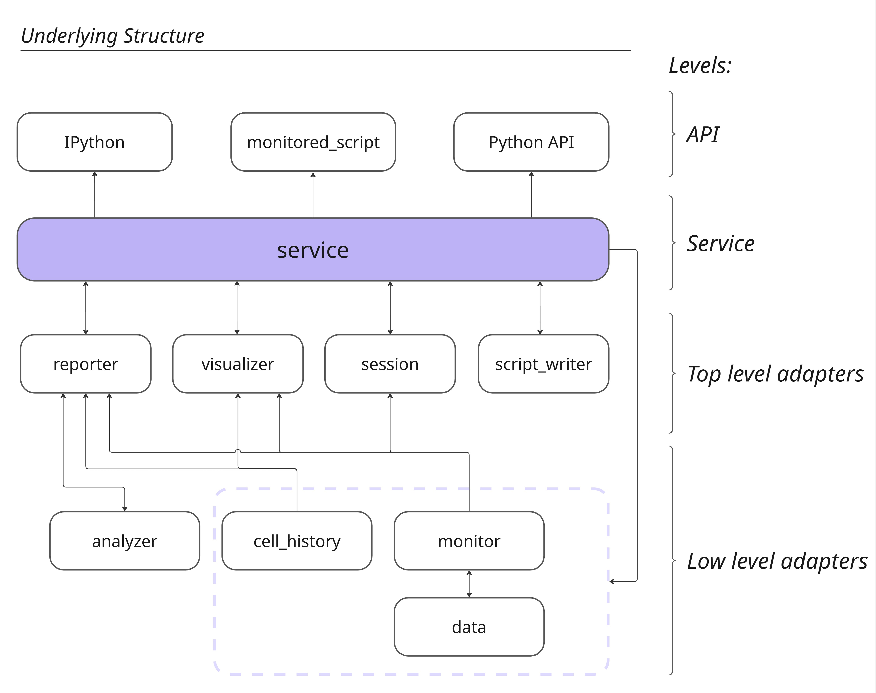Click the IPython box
click(94, 142)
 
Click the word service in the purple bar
click(313, 250)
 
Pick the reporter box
click(86, 364)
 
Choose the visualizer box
click(238, 364)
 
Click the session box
click(390, 364)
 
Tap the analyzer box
click(124, 541)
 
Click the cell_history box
click(297, 541)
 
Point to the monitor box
click(469, 541)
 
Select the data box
click(469, 627)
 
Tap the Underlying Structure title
click(112, 36)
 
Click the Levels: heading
click(700, 66)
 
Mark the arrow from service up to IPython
click(94, 195)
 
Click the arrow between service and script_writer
click(540, 308)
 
